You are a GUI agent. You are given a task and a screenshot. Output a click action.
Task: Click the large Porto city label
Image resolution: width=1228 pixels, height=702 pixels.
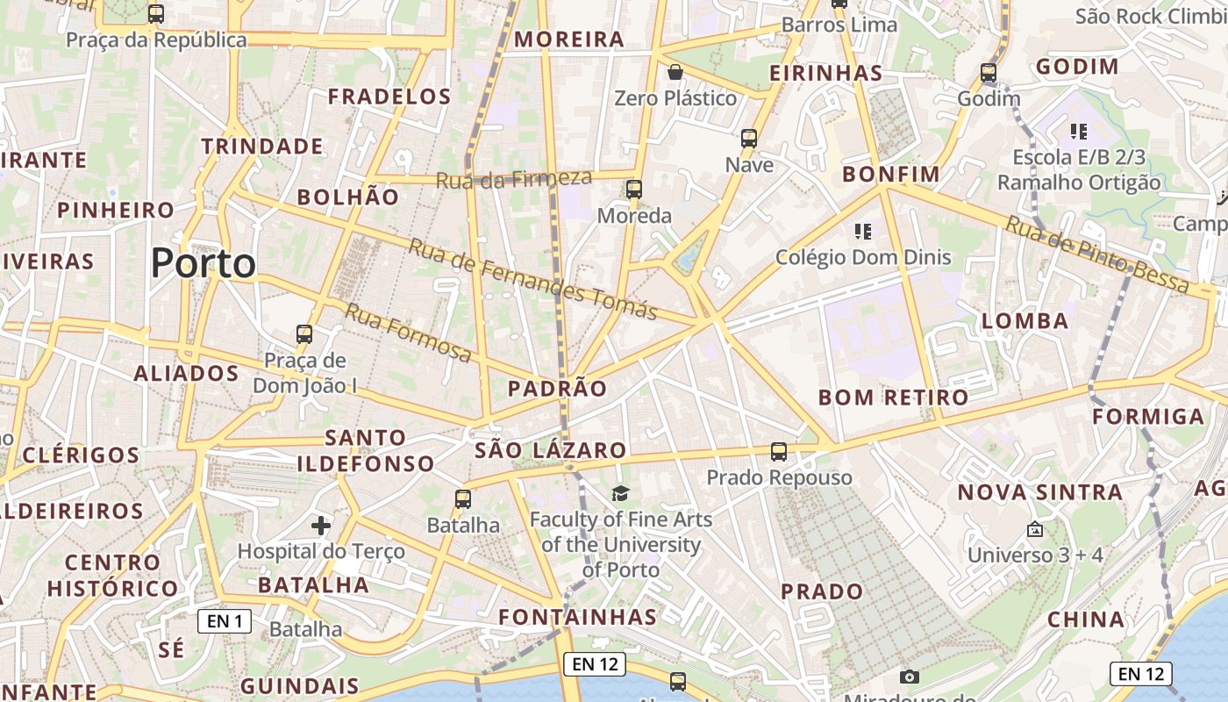point(203,263)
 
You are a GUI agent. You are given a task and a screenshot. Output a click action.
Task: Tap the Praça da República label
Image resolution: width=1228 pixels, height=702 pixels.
point(156,39)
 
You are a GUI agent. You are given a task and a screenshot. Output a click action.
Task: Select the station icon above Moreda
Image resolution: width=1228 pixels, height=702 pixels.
point(633,189)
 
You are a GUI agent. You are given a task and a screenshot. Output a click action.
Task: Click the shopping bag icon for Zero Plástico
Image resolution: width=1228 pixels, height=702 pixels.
point(675,71)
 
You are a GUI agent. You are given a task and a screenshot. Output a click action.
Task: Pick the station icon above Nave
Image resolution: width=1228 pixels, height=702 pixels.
point(749,138)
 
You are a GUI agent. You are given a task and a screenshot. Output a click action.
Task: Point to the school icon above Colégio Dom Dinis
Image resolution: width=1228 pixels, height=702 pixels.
point(863,231)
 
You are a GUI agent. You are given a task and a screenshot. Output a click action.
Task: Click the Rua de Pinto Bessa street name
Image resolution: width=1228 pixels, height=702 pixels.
point(1096,254)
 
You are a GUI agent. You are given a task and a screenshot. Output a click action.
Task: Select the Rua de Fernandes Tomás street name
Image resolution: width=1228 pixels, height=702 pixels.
point(532,279)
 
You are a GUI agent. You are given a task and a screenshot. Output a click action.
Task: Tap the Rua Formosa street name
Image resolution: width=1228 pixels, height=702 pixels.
point(408,332)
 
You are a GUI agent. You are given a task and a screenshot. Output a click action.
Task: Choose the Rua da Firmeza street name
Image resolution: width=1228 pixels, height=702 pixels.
point(514,179)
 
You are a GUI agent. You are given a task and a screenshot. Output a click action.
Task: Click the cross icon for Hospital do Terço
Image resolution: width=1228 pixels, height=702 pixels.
point(321,526)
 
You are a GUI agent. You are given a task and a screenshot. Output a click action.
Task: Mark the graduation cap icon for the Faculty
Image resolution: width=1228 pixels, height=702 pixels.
point(621,493)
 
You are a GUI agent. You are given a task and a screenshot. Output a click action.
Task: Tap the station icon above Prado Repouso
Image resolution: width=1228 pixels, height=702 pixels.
point(779,452)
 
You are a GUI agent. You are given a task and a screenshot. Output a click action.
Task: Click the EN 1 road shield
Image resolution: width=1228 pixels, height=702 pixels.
point(225,621)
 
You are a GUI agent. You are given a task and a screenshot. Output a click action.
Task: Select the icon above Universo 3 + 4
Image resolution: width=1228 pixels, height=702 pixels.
point(1034,529)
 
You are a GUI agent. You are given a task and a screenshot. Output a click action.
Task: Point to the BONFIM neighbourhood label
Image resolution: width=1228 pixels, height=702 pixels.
point(890,174)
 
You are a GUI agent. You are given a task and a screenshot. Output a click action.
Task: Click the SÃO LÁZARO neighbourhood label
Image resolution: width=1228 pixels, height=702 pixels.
point(550,451)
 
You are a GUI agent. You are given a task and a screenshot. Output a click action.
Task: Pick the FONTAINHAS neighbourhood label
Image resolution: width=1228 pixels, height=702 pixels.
point(577,617)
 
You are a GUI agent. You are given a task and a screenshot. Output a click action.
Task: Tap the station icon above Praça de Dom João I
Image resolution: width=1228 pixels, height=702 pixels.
point(304,333)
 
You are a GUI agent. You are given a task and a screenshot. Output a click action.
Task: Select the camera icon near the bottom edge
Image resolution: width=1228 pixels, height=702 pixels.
point(910,677)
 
